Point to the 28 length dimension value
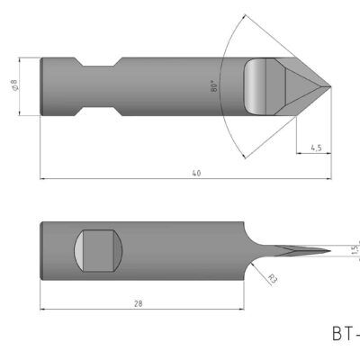[138, 304]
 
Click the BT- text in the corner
[346, 334]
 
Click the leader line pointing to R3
[260, 267]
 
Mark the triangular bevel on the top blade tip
[301, 87]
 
